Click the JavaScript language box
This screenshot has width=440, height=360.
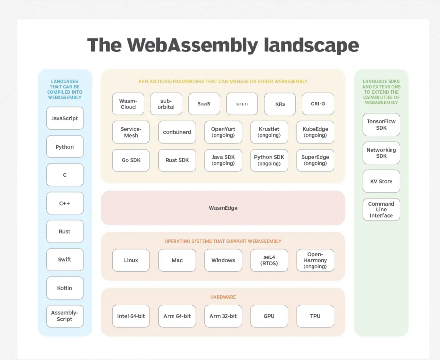point(65,118)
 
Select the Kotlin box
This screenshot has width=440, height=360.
point(65,288)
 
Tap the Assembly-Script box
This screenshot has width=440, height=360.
point(65,316)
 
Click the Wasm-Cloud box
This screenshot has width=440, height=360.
point(128,104)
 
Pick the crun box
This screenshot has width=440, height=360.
point(242,104)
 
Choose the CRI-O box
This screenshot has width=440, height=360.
point(318,104)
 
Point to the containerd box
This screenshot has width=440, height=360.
point(177,132)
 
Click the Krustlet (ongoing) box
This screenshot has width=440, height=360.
point(269,132)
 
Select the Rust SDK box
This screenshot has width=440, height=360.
point(177,160)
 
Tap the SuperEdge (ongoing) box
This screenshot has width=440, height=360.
point(315,160)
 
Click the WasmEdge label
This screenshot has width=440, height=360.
point(223,208)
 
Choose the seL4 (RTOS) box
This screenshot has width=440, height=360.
point(269,260)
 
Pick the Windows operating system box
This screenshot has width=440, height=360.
point(223,260)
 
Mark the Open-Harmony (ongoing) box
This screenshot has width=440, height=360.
point(315,260)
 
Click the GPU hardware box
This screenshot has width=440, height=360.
point(269,316)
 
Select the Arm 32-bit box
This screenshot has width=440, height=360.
point(223,316)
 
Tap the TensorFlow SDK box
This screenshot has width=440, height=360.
point(381,124)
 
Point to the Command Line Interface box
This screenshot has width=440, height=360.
point(381,209)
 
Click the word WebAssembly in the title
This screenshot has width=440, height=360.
point(193,45)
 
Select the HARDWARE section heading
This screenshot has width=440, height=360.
point(223,297)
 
